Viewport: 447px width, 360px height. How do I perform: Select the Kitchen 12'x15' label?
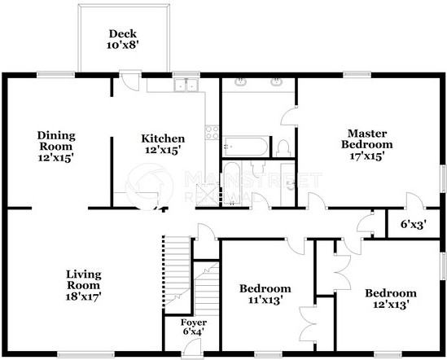tap(163, 144)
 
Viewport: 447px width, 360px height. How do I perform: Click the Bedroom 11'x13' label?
tap(265, 295)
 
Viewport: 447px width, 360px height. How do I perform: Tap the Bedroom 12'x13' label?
tap(390, 299)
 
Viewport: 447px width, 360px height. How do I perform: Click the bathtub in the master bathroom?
tap(245, 147)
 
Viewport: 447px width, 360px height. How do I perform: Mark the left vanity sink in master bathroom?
tap(241, 83)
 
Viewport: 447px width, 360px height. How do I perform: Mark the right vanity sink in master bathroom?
tap(277, 83)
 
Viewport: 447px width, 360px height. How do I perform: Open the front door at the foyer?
tap(193, 349)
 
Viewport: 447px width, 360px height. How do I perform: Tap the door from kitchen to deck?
tap(128, 81)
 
